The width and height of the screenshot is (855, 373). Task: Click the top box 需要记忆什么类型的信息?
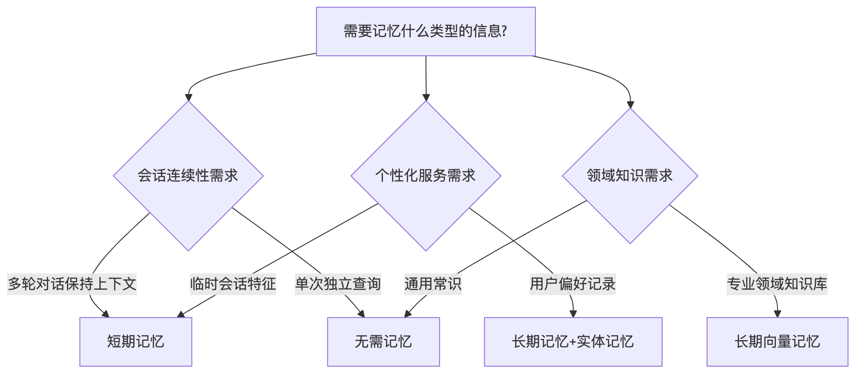pos(426,31)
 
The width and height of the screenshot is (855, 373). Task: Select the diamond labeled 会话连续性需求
pos(188,175)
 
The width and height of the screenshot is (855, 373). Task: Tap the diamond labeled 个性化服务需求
pos(426,175)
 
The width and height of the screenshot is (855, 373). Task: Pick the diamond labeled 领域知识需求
pos(630,175)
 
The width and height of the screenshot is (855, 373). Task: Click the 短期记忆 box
pos(136,342)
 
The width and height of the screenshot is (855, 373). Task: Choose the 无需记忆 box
pos(383,342)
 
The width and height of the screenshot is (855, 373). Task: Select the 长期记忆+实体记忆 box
pos(573,342)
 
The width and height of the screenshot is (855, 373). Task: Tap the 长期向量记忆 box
pos(777,342)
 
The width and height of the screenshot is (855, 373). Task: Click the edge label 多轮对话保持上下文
pos(72,284)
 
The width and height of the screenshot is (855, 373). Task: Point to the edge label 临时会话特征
pos(233,284)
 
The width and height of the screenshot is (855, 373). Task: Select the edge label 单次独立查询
pos(338,284)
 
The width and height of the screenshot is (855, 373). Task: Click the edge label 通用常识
pos(433,284)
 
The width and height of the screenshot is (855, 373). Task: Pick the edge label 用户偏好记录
pos(573,284)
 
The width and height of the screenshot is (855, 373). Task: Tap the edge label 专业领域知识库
pos(777,284)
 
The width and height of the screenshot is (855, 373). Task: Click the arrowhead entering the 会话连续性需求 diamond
pos(188,97)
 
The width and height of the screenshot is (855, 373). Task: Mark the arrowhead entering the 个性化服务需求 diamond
pos(426,97)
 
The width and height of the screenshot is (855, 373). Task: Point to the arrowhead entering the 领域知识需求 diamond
pos(630,104)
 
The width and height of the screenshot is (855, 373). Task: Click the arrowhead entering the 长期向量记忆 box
pos(777,314)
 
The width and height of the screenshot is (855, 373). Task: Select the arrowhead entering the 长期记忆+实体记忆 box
pos(573,314)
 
